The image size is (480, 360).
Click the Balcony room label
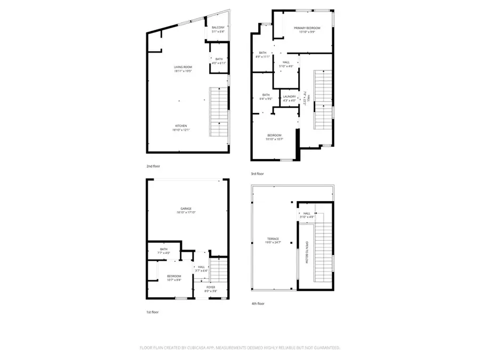pos(218,28)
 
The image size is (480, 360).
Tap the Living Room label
pos(182,67)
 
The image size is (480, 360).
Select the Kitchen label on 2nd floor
pos(182,126)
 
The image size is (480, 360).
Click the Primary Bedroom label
pos(307,28)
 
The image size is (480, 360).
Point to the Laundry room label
pos(289,96)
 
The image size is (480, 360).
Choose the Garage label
pos(186,209)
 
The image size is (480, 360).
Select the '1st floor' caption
pos(153,311)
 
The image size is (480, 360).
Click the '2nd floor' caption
pos(153,166)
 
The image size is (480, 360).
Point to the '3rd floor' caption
pos(257,173)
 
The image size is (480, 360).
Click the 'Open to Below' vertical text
pos(307,252)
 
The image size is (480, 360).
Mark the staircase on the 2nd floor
pos(219,111)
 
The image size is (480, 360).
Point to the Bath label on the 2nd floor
pos(219,59)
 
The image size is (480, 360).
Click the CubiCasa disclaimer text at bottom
pos(239,347)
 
